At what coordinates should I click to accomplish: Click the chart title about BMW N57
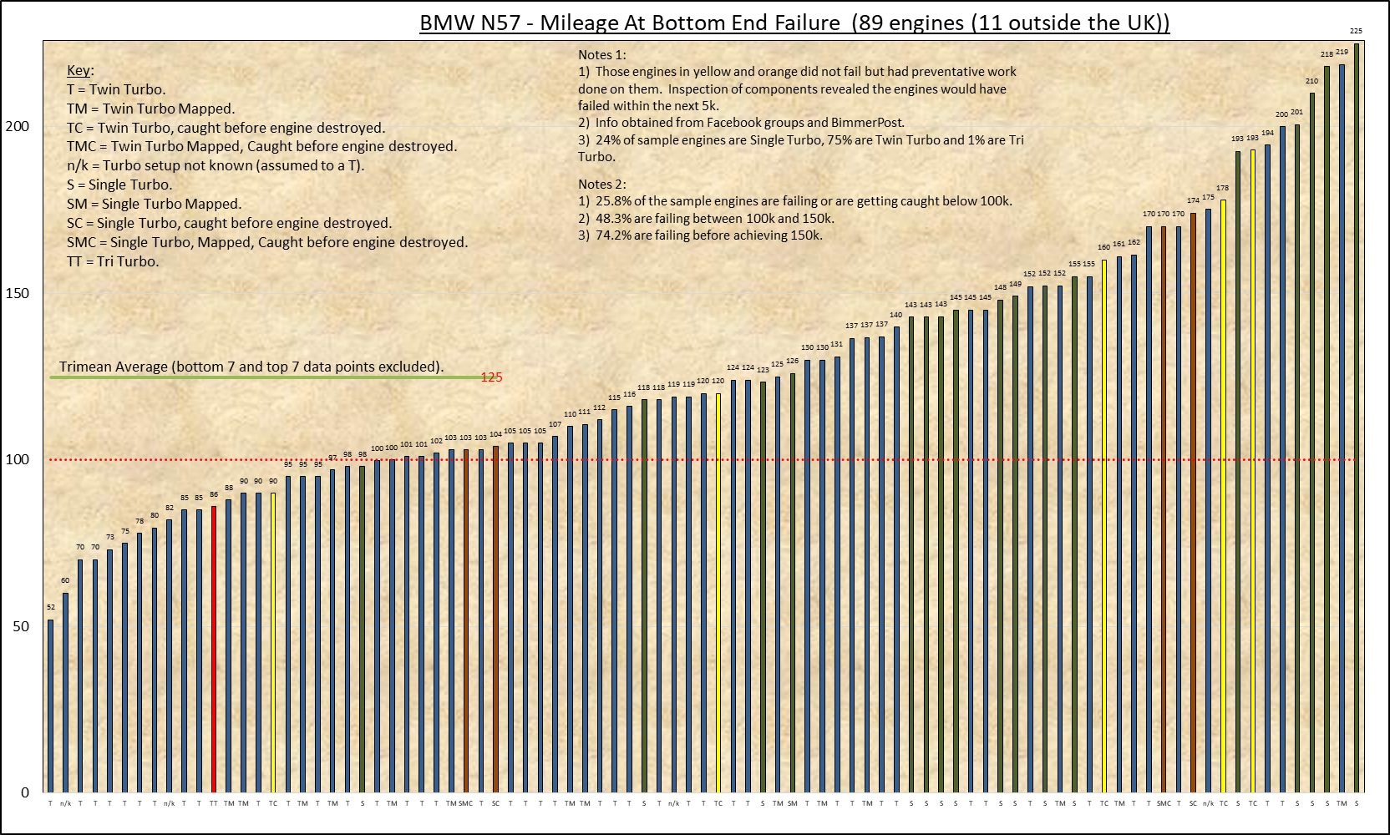tap(794, 23)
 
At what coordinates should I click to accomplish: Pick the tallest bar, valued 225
tap(1356, 417)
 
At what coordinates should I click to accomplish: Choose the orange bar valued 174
tap(1193, 502)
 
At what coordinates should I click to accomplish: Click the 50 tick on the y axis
tap(21, 626)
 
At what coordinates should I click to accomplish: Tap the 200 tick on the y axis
tap(18, 126)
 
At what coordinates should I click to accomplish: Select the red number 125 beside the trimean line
tap(492, 377)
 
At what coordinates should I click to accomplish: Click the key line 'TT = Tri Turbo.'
tap(113, 261)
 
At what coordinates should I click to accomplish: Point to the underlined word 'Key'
tap(79, 70)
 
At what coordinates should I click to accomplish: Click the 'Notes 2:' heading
tap(602, 184)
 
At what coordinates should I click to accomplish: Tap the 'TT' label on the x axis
tap(214, 803)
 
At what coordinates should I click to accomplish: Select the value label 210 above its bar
tap(1311, 81)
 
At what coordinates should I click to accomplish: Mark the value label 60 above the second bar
tap(65, 580)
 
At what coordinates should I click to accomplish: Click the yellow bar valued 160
tap(1103, 525)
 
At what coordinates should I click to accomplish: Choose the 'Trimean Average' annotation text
tap(251, 367)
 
